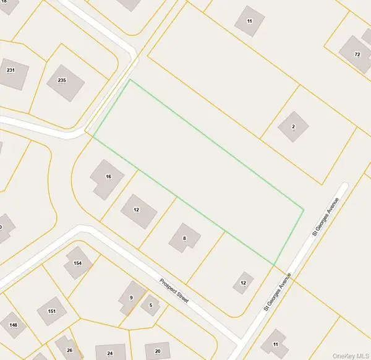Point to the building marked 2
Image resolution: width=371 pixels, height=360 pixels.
click(x=292, y=127)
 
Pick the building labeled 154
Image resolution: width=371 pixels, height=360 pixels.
click(x=78, y=264)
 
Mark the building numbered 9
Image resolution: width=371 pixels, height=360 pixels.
click(x=132, y=297)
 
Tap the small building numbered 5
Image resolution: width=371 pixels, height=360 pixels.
click(x=150, y=305)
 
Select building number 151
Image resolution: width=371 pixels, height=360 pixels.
click(x=52, y=312)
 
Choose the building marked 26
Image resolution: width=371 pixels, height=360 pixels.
click(x=68, y=348)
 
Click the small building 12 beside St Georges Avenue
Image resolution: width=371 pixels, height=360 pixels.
click(x=243, y=283)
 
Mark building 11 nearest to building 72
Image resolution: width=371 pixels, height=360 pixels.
click(x=249, y=19)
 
